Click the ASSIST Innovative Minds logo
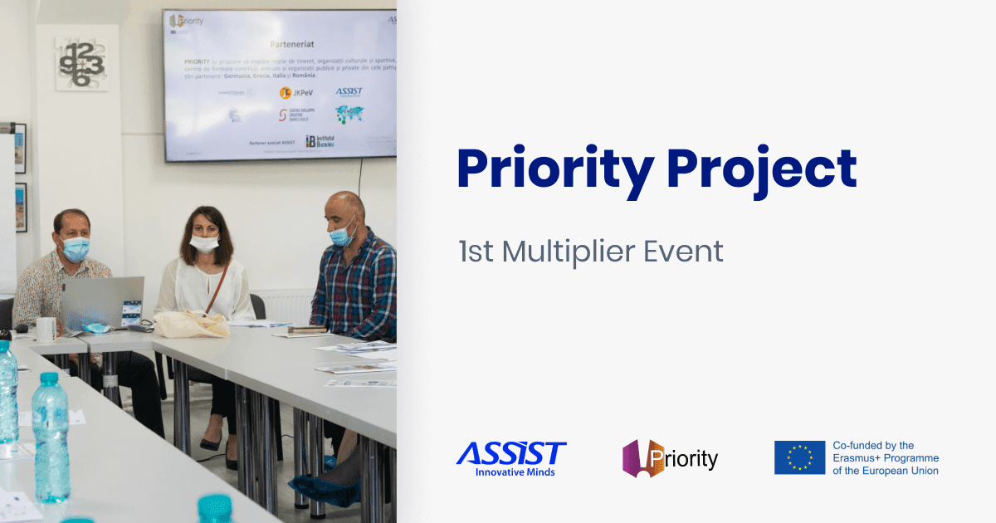[511, 458]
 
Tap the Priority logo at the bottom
[670, 458]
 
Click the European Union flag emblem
[799, 458]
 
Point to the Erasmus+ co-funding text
[885, 458]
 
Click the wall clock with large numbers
[81, 63]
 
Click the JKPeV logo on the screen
[296, 92]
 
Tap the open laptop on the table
[102, 302]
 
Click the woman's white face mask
[204, 243]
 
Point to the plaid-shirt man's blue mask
[341, 235]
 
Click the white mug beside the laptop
[46, 329]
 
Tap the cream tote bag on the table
[191, 323]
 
